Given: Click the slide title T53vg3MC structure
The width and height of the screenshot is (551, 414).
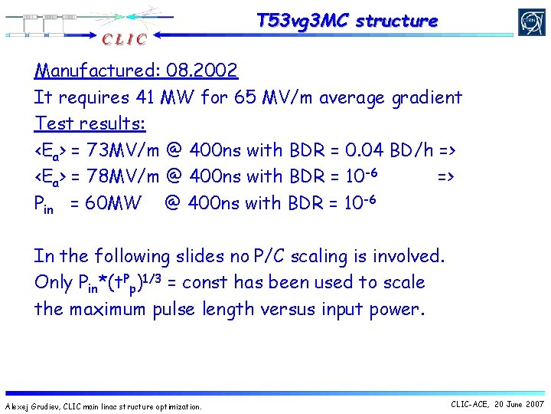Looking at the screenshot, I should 347,21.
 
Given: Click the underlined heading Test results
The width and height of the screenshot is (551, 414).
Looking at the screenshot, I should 90,123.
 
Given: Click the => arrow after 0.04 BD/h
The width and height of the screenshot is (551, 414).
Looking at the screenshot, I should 446,149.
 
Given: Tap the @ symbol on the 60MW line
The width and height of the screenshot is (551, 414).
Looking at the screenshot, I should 173,203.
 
